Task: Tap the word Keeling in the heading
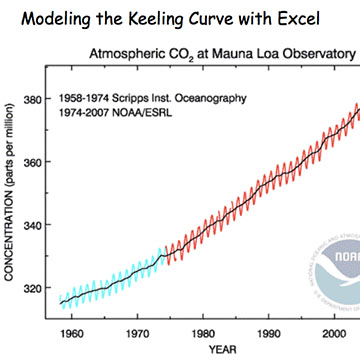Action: [153, 19]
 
